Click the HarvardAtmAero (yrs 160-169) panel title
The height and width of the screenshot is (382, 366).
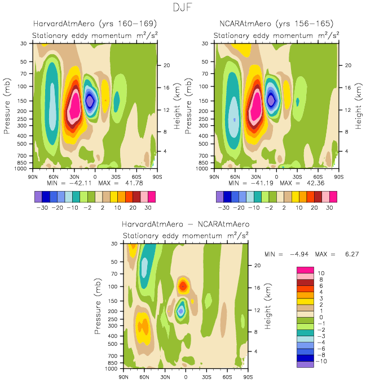94,24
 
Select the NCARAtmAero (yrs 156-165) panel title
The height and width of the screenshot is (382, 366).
276,24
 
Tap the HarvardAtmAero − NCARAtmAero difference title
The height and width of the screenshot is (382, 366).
186,224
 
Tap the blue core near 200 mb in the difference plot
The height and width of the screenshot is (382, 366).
181,310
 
